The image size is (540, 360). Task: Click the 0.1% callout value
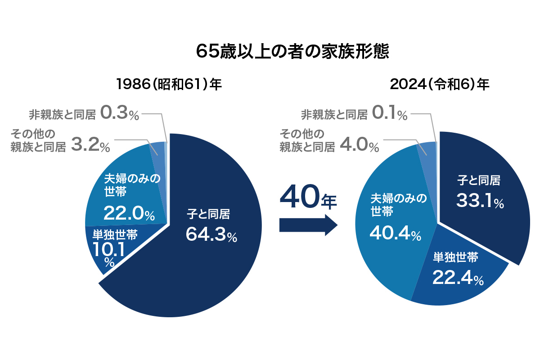click(x=389, y=113)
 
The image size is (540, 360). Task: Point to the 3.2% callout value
click(x=90, y=146)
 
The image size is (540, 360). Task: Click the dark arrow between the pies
click(x=308, y=224)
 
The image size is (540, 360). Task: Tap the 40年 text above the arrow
click(x=308, y=198)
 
